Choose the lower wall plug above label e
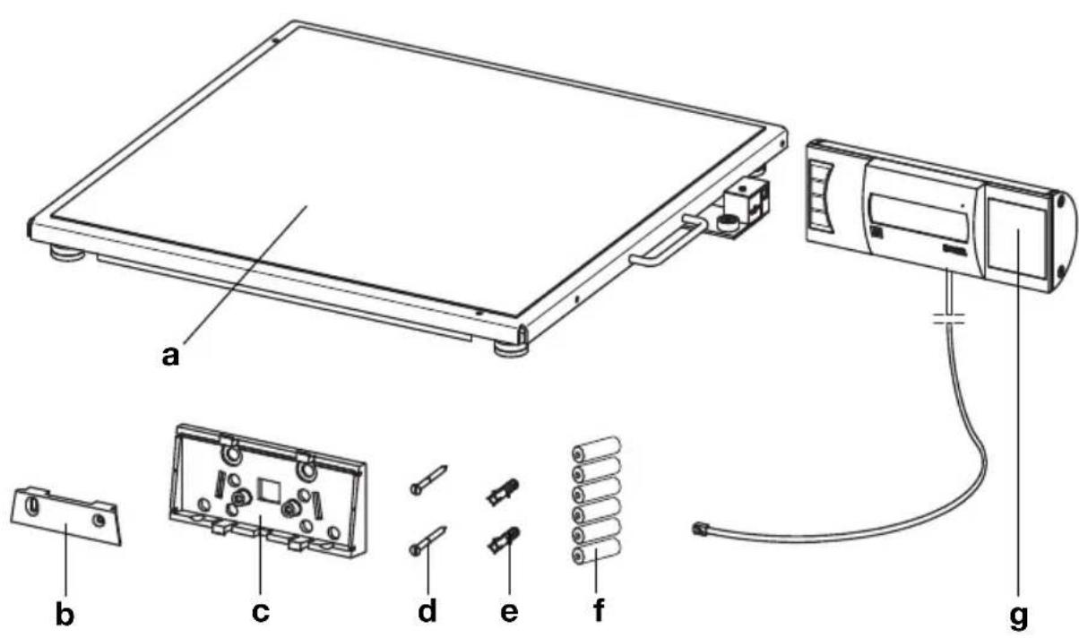tap(505, 540)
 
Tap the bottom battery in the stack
tap(596, 557)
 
